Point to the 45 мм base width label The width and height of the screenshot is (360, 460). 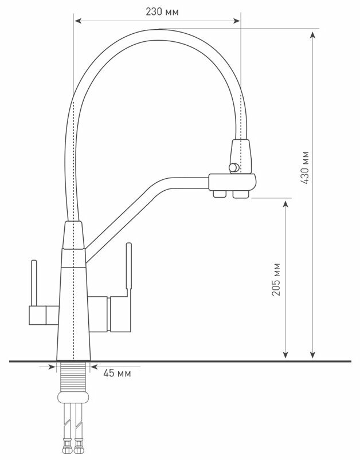pyautogui.click(x=117, y=373)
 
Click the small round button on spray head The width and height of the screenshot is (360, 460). pyautogui.click(x=233, y=167)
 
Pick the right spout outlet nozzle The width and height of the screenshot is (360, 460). pyautogui.click(x=239, y=196)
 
